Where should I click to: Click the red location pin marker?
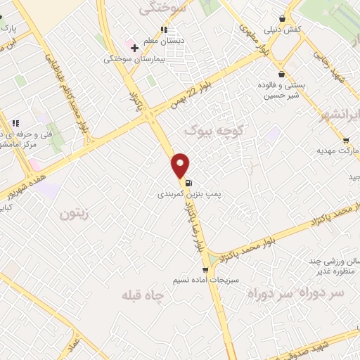coord(181,165)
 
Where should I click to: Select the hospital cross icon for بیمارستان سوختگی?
coord(134,48)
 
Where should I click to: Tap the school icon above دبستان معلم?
coord(163,30)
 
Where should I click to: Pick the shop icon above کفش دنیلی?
coord(282,19)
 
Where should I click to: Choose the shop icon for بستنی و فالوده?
coord(282,74)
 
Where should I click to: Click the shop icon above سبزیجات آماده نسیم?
coord(205,269)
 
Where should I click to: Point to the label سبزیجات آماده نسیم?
coord(211,280)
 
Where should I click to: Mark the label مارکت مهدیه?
coord(337,150)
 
